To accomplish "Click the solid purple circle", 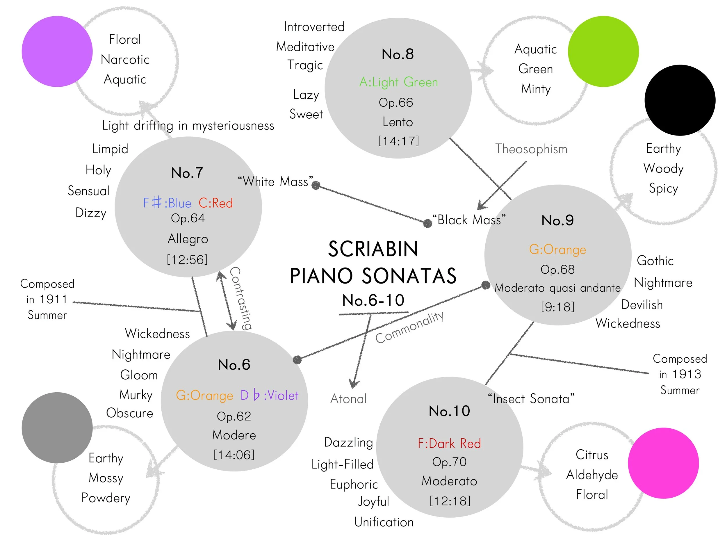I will tap(57, 51).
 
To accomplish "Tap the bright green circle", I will tap(603, 51).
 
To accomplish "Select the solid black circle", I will tap(680, 100).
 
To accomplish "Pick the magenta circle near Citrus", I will tap(663, 463).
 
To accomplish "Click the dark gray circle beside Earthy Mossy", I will tap(57, 428).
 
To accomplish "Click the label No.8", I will tap(398, 54).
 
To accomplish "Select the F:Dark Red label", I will tap(449, 444).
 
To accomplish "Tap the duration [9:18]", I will tap(557, 307).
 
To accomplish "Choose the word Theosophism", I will tap(531, 149).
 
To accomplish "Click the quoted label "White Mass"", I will tap(275, 181).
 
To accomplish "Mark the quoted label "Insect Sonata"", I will tap(531, 399).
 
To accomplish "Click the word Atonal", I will tap(348, 399).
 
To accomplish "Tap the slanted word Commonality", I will tap(409, 327).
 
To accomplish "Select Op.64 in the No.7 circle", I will tap(188, 218).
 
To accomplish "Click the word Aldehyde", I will tap(591, 475).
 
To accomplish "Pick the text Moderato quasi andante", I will tap(557, 288).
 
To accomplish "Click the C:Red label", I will tap(215, 203).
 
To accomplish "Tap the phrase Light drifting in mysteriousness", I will tap(188, 126).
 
